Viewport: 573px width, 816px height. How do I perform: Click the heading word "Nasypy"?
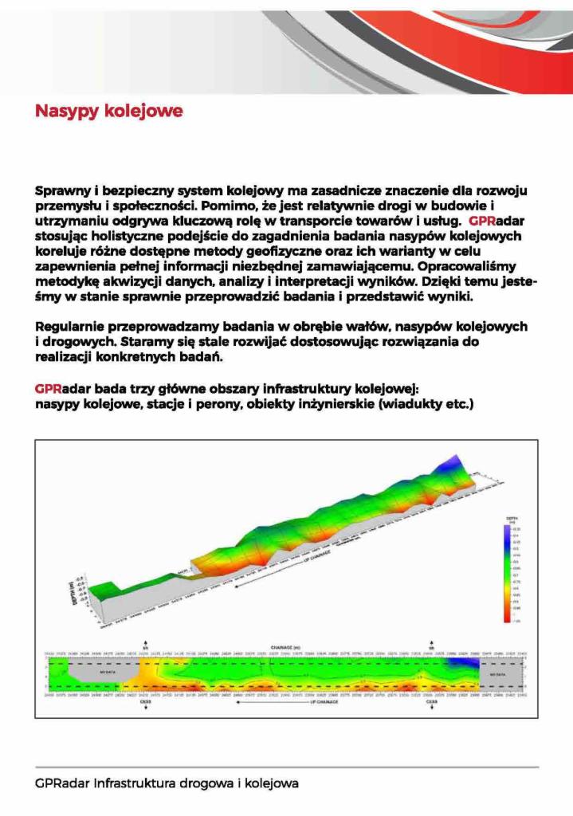pyautogui.click(x=66, y=111)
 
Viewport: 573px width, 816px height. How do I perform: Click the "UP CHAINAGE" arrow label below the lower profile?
pyautogui.click(x=319, y=703)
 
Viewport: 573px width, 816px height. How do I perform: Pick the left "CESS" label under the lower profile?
pyautogui.click(x=145, y=703)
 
